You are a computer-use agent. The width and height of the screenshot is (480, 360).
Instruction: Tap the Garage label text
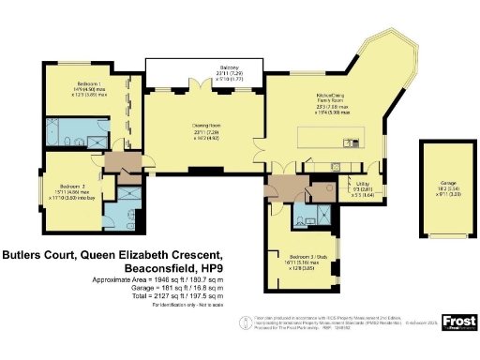[442, 185]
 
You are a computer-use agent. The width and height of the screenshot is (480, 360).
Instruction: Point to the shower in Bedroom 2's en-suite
[127, 192]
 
